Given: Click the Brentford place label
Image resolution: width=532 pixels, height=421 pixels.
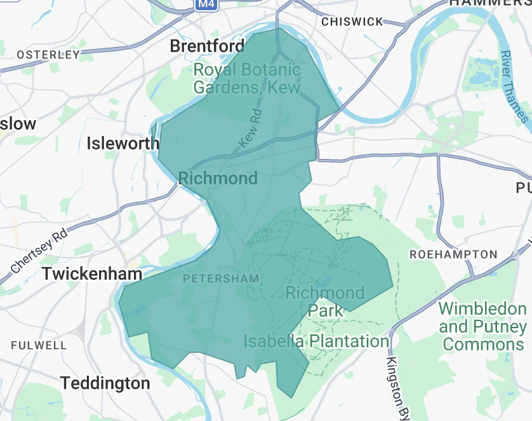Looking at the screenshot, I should point(207,46).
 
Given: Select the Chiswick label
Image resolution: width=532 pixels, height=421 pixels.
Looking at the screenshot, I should point(352,22).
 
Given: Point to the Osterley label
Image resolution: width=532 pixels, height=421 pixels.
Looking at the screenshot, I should point(48,55).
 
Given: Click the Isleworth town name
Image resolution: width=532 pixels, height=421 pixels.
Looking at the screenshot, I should point(123,143).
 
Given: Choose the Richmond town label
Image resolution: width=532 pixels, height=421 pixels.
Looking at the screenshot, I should point(218,178).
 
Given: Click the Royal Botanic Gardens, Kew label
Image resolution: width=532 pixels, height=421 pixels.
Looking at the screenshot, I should point(246,78).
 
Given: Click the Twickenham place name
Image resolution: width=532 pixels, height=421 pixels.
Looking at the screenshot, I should point(91,274).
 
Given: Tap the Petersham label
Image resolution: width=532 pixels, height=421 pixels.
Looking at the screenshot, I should point(220,279).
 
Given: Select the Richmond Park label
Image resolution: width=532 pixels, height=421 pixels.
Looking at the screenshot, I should point(325,301).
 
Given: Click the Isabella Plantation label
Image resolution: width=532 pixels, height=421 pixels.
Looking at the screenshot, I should point(316,342).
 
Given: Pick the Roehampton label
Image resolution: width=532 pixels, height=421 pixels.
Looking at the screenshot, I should point(453,254).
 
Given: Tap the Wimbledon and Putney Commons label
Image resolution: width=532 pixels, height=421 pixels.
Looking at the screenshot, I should point(482,327).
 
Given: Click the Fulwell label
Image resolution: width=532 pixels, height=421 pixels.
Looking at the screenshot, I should point(39,345).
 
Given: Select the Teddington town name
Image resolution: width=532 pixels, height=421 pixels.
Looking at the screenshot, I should point(105,383).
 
